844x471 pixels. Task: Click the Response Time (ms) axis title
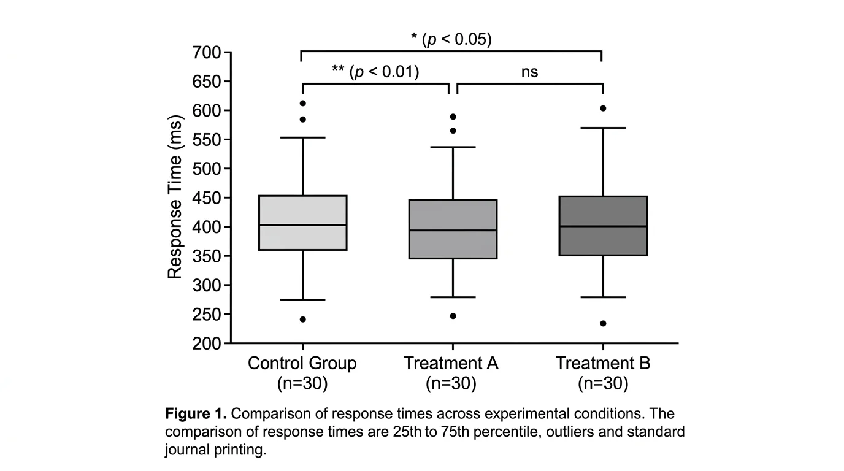pos(175,197)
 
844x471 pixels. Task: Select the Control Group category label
pos(302,363)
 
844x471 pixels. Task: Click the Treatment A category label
pos(451,363)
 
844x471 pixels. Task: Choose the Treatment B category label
pos(602,363)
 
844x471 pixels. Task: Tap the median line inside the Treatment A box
pos(453,231)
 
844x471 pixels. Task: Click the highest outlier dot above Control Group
pos(302,103)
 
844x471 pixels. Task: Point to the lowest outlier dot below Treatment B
pos(603,323)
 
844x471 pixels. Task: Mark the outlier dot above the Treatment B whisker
pos(603,109)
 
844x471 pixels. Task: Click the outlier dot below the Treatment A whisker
pos(453,316)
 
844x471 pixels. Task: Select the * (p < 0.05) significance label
pos(451,39)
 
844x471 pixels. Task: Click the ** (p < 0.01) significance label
pos(375,72)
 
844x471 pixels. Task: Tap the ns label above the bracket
pos(529,72)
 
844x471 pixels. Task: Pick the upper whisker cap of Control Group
pos(303,137)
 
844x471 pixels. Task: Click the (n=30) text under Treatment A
pos(451,384)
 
